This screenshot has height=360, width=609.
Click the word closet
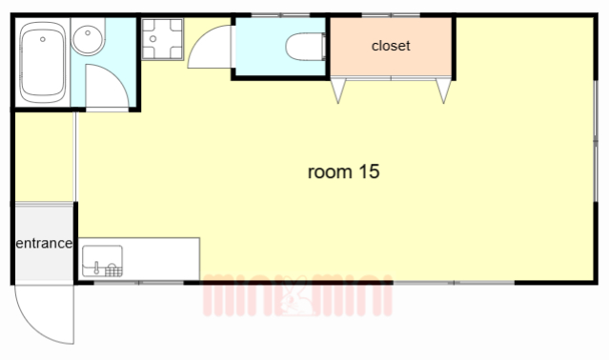point(391,46)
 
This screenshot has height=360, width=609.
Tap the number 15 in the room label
point(369,171)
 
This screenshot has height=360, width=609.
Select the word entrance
point(44,243)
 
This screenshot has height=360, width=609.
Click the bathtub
point(42,62)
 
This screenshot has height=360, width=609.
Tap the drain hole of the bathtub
point(43,39)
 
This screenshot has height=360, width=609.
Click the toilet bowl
point(306,47)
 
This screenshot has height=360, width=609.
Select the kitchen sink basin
point(103,261)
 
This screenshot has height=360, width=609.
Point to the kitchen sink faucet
point(96,268)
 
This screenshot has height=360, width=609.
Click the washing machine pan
point(162,39)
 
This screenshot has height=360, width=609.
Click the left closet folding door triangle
point(338,90)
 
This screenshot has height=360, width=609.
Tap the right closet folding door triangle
point(443,90)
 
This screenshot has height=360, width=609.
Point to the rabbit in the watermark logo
point(296,297)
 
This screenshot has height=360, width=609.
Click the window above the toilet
point(280,15)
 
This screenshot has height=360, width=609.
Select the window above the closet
point(391,15)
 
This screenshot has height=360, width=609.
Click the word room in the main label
point(330,172)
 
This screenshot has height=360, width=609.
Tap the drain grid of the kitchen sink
point(113,270)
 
